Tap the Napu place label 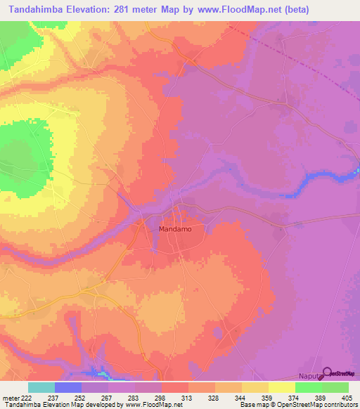[x=308, y=377]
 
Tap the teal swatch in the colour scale [x=41, y=387]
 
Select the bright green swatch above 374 [x=309, y=387]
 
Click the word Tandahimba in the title [x=32, y=8]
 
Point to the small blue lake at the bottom [x=98, y=370]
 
